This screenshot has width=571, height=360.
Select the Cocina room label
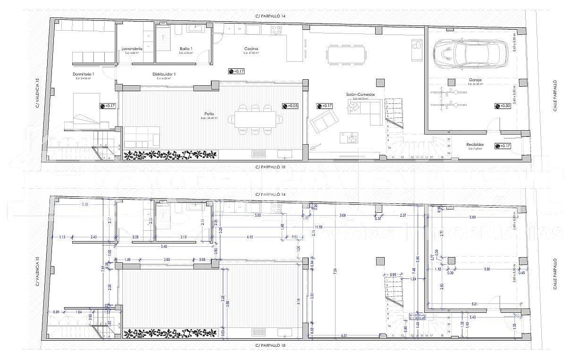click(x=251, y=49)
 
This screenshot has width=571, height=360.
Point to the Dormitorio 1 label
click(x=84, y=74)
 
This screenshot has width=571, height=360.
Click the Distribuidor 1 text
click(x=164, y=74)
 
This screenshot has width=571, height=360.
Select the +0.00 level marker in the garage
click(x=503, y=106)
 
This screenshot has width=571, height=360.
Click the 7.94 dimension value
click(x=335, y=272)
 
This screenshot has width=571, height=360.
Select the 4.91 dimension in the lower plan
click(x=344, y=335)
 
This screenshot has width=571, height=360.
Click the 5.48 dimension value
click(x=164, y=246)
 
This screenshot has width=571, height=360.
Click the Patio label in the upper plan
click(x=209, y=114)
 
